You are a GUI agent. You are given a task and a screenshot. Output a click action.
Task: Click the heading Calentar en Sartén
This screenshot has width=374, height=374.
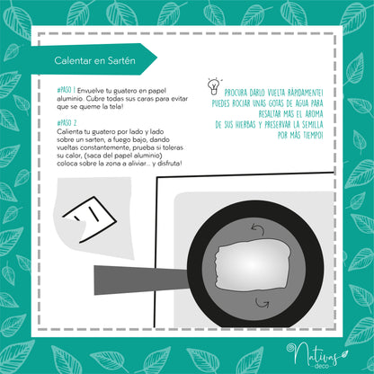pyautogui.click(x=94, y=60)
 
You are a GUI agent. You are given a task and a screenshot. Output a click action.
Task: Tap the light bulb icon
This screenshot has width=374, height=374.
pyautogui.click(x=213, y=86)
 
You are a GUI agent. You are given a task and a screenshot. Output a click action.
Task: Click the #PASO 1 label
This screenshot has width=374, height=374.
pyautogui.click(x=66, y=90)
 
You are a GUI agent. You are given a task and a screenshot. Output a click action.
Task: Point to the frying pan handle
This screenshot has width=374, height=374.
pyautogui.click(x=141, y=280)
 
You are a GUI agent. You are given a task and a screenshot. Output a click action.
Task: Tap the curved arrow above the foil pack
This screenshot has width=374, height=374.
pyautogui.click(x=258, y=229)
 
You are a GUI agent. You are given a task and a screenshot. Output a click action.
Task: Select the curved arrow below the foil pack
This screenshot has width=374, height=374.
pyautogui.click(x=262, y=303)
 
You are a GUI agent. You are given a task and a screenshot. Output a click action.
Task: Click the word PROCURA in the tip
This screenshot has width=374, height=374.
pyautogui.click(x=236, y=93)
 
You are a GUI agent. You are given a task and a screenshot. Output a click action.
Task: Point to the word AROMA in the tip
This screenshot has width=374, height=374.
pyautogui.click(x=314, y=114)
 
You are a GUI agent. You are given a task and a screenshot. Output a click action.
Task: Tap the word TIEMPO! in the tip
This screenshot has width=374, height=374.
pyautogui.click(x=313, y=136)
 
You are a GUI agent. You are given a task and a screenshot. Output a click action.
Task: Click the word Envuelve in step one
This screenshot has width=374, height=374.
pyautogui.click(x=90, y=91)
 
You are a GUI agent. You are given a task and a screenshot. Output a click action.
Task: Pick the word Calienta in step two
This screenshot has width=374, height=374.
pyautogui.click(x=68, y=131)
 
